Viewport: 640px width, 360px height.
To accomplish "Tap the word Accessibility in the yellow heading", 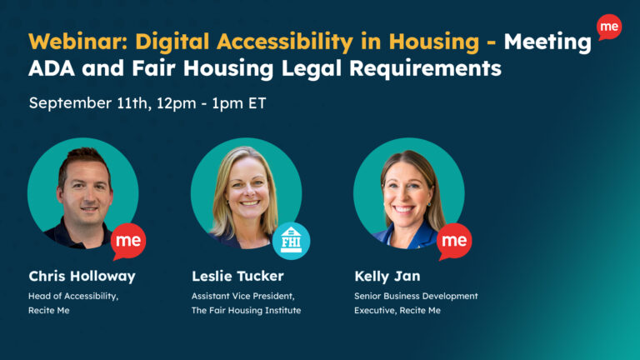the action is (285, 42).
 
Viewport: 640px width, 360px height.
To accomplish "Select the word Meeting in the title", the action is (547, 42).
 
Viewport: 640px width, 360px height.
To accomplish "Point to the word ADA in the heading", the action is (52, 68).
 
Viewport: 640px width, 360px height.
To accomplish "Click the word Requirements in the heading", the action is (425, 69).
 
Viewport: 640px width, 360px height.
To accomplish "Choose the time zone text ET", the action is (257, 102).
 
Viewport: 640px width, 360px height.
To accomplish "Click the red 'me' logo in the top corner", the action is (609, 27).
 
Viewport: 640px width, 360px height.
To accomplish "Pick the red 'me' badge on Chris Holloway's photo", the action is (128, 241).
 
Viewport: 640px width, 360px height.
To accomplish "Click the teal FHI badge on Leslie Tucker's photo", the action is (291, 241).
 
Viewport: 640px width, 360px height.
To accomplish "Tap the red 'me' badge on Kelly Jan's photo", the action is (454, 241).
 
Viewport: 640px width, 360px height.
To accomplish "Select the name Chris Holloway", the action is (82, 277).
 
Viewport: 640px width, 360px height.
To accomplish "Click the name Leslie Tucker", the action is (237, 276).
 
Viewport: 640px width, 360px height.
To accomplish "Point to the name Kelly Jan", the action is (387, 277).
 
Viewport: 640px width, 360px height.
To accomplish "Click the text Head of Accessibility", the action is (73, 297).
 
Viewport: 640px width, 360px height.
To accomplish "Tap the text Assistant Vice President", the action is (243, 296).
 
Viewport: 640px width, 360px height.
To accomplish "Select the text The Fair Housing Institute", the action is (246, 310).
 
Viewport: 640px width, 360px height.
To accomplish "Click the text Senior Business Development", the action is (416, 297).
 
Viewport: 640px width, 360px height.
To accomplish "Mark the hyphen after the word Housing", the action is (492, 42).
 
